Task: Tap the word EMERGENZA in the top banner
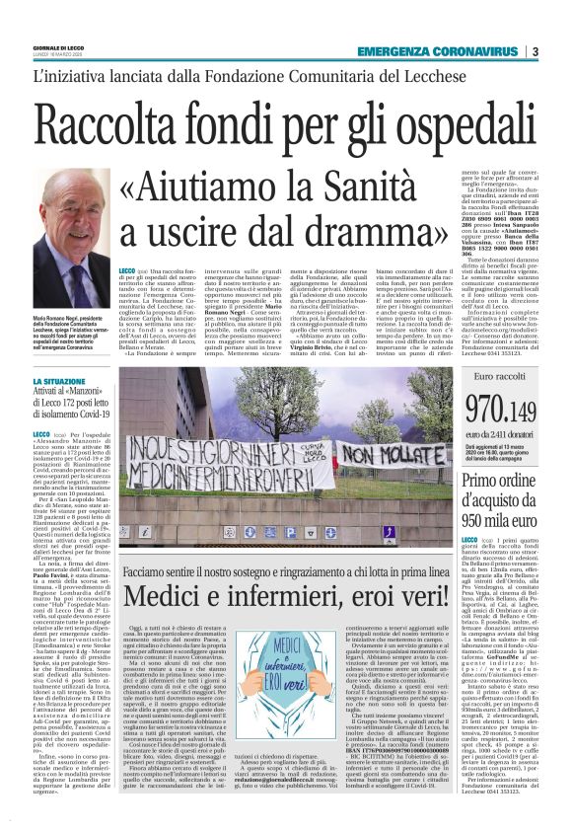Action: coord(393,51)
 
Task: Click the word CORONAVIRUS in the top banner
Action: coord(475,51)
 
